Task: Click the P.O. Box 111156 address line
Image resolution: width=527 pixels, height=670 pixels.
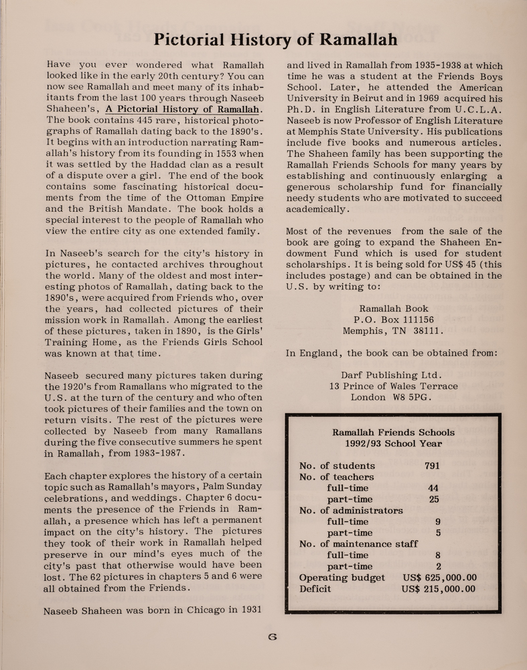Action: pyautogui.click(x=394, y=320)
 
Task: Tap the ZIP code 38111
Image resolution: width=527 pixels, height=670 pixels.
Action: pyautogui.click(x=427, y=331)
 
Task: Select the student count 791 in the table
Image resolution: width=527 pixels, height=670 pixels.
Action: pyautogui.click(x=433, y=466)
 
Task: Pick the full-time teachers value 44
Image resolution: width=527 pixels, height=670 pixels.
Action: pyautogui.click(x=433, y=488)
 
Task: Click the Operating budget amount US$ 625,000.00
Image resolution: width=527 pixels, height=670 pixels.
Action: pyautogui.click(x=439, y=578)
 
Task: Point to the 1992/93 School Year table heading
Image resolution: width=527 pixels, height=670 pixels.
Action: pyautogui.click(x=393, y=444)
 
